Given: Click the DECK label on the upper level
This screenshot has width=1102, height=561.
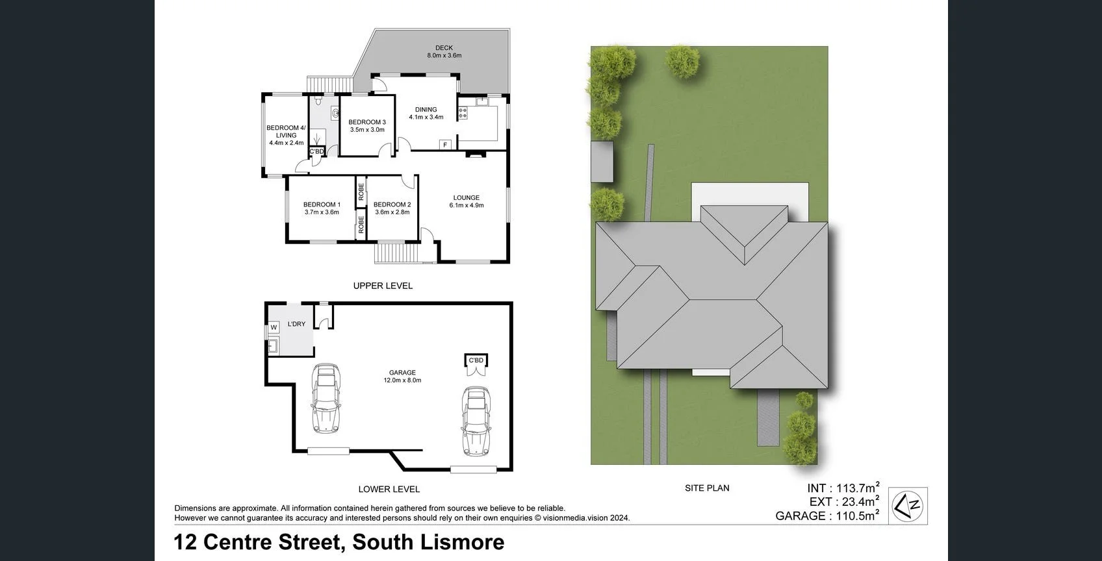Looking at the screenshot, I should [x=444, y=47].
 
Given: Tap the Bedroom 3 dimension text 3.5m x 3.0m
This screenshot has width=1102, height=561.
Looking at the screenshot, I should [x=367, y=130].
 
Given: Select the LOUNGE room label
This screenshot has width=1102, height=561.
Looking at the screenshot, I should [x=466, y=197].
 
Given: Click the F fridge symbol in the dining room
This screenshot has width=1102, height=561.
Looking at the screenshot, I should [x=445, y=145].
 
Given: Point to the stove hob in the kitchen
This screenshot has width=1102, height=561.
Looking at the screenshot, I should [x=463, y=113].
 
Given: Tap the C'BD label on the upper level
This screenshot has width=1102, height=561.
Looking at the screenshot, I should [x=316, y=151].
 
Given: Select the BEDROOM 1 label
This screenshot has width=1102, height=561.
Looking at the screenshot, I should [x=322, y=205].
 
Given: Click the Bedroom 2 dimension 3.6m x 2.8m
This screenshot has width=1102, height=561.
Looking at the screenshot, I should [x=392, y=212].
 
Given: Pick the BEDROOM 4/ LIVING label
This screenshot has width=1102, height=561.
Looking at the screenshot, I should [x=286, y=132].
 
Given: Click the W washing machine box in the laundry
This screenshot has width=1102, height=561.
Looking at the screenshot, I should [x=274, y=328].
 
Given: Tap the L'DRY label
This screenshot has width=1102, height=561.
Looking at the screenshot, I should [x=296, y=324].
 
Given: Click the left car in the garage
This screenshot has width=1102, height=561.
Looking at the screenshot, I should [x=326, y=398].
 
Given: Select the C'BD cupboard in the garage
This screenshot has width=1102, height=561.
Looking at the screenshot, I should [x=476, y=360].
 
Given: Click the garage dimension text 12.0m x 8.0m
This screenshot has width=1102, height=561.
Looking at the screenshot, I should [x=402, y=380].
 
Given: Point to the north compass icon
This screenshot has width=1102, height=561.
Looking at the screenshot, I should [x=908, y=506].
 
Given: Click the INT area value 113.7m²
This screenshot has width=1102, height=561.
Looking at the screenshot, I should [x=856, y=488].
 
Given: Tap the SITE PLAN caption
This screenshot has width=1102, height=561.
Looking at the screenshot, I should [x=707, y=488].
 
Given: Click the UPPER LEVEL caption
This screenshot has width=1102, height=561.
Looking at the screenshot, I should [x=383, y=286].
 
